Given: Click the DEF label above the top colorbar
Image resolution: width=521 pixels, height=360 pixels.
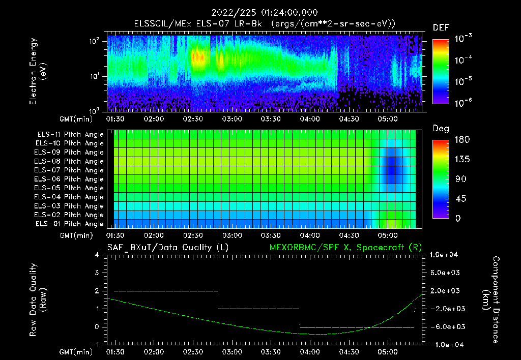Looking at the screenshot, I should [x=441, y=27].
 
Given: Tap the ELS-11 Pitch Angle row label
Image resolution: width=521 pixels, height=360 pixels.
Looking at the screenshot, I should [x=70, y=135].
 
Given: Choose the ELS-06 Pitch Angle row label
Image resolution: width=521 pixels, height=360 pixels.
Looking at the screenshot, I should [x=70, y=179].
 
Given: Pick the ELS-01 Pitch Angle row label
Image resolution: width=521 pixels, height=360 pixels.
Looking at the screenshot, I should [x=70, y=224].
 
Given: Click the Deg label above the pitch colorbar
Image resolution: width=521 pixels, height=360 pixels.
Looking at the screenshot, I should [x=441, y=129].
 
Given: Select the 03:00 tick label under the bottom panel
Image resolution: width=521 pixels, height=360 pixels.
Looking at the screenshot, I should [x=232, y=351].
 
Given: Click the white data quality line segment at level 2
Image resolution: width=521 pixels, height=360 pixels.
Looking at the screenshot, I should [x=166, y=291].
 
